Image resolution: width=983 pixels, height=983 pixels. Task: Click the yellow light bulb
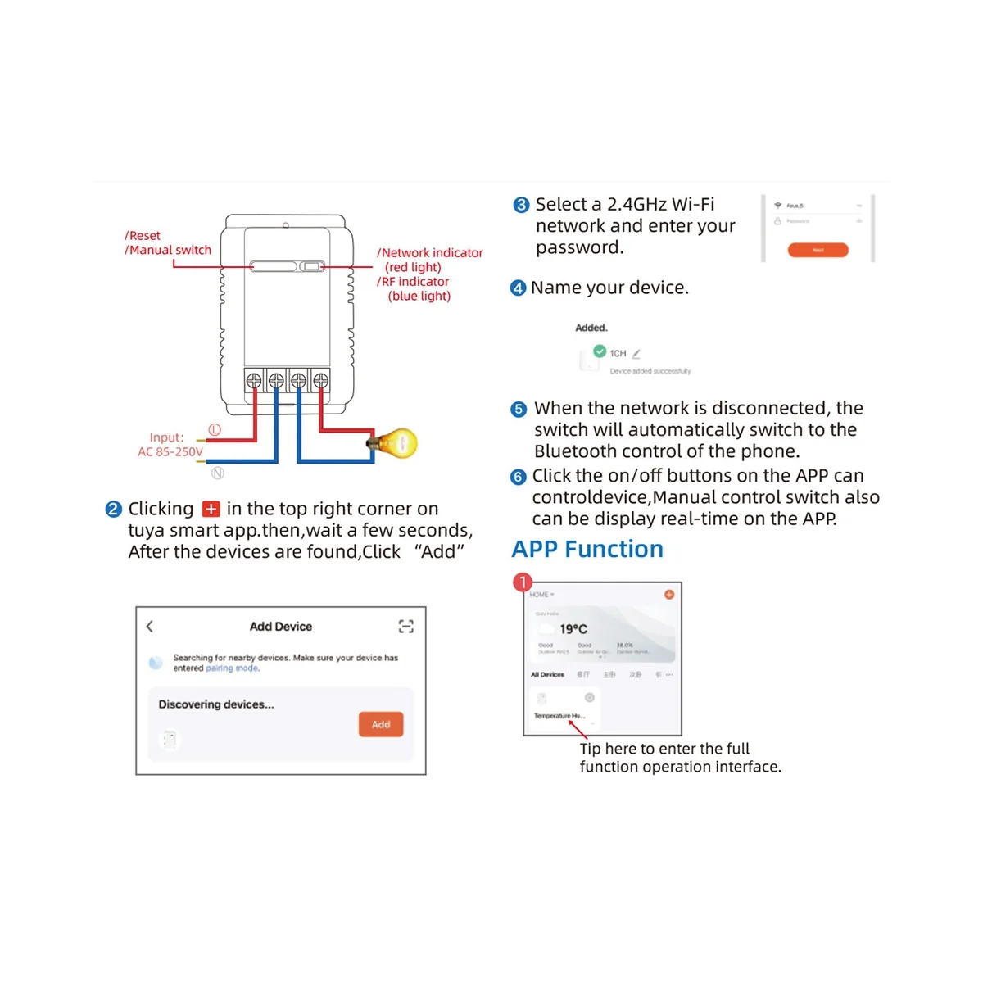click(x=400, y=443)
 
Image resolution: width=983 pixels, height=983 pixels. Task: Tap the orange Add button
click(x=381, y=724)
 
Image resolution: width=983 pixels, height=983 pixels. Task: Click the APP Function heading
click(x=587, y=549)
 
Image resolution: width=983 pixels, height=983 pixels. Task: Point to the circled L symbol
click(x=215, y=429)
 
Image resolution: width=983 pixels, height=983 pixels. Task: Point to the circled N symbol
click(x=217, y=473)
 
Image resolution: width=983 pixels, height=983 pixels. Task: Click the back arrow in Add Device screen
click(x=150, y=627)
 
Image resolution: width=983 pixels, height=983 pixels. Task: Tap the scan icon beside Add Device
click(x=405, y=627)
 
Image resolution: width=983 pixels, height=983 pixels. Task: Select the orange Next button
click(x=818, y=250)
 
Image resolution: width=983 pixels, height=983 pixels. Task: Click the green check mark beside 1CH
click(x=600, y=351)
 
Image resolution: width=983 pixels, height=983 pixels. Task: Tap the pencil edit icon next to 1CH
click(x=636, y=354)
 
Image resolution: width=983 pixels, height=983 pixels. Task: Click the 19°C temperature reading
click(x=573, y=629)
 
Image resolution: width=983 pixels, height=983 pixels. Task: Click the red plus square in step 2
click(x=211, y=509)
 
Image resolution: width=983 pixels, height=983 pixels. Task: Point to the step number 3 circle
click(x=521, y=205)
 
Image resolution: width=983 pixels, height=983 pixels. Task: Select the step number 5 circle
click(x=519, y=409)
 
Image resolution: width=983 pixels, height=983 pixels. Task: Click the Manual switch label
click(x=170, y=250)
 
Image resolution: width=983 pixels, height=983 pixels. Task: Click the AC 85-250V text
click(x=170, y=451)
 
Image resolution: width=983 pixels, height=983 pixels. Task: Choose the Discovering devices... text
click(x=216, y=704)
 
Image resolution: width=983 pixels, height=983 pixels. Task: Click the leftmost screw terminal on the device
click(x=254, y=380)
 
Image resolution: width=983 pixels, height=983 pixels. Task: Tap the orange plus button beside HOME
click(x=669, y=594)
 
